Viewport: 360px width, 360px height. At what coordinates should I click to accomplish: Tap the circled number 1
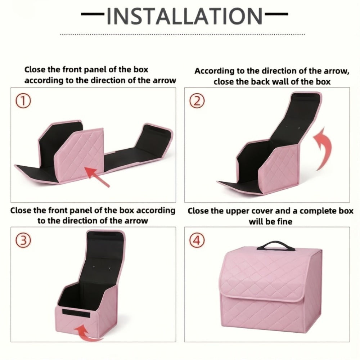click(23, 101)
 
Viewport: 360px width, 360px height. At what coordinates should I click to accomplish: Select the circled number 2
click(197, 101)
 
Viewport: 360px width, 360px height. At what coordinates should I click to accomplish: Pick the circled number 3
click(23, 240)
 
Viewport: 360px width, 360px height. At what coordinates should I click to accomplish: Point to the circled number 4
click(197, 240)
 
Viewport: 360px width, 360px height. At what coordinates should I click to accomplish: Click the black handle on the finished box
click(276, 246)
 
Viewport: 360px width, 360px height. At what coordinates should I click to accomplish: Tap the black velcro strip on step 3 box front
click(76, 313)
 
